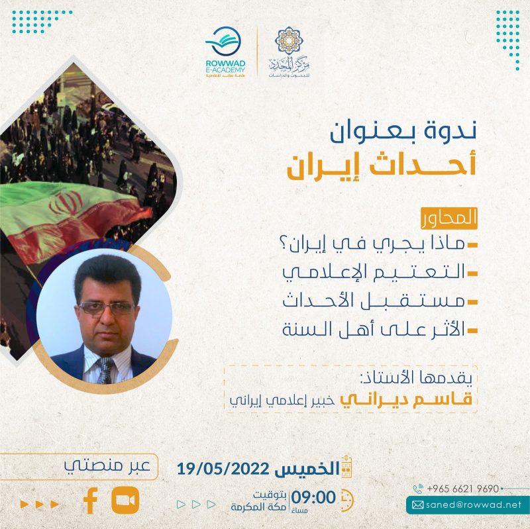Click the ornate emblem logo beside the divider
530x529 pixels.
(x=287, y=50)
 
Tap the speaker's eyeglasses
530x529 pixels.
(x=106, y=307)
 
